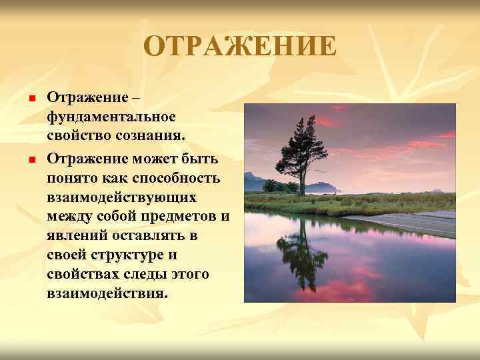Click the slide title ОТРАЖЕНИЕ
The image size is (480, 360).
click(x=240, y=47)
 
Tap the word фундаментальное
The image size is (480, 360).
click(x=111, y=117)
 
